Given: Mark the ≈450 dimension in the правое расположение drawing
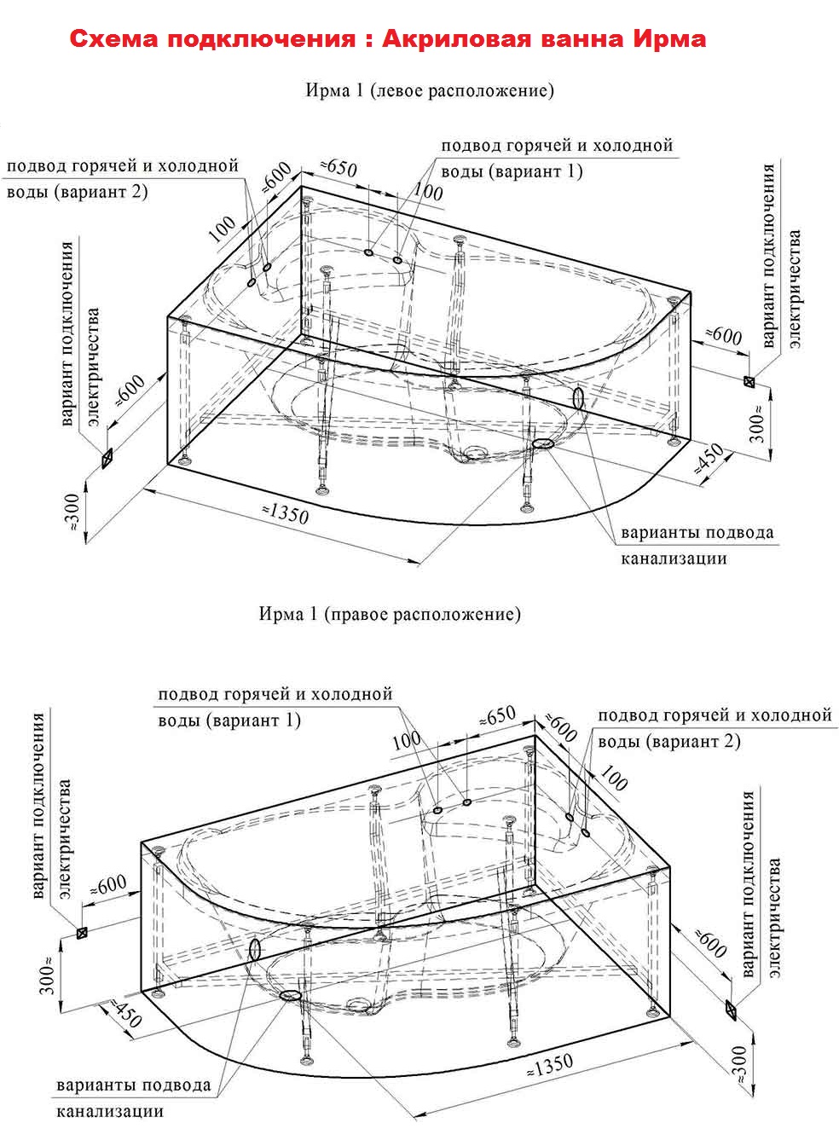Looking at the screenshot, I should tap(120, 1014).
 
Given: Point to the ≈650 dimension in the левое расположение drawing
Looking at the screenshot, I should tap(338, 167).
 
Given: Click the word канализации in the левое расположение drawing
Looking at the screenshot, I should tap(674, 559).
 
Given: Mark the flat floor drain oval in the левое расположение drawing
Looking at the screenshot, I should tap(543, 443).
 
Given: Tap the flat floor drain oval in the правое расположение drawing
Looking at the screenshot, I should tap(290, 995).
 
